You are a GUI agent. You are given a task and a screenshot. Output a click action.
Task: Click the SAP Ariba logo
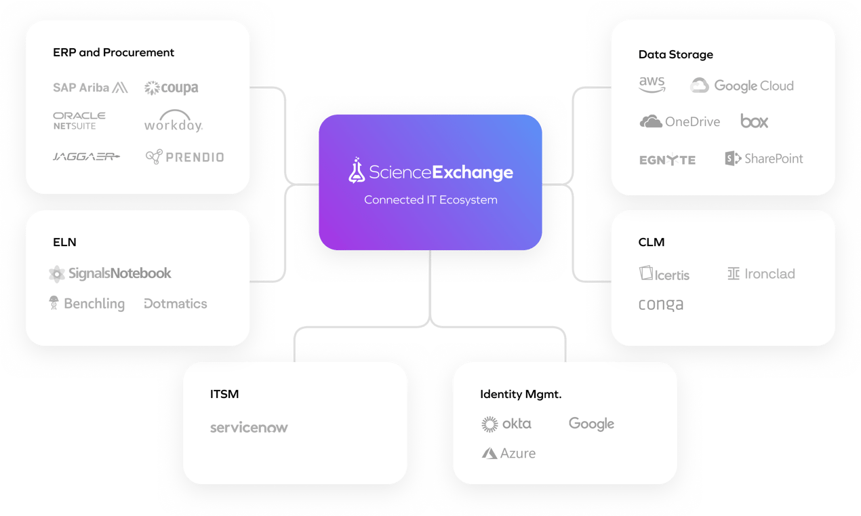tap(90, 87)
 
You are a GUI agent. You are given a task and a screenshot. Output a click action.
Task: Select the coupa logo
tap(171, 88)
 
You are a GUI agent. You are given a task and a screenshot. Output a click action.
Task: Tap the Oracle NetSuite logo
tap(79, 121)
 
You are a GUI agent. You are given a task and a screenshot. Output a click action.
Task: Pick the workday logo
tap(174, 121)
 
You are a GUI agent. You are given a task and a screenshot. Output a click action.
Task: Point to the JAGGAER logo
tap(86, 157)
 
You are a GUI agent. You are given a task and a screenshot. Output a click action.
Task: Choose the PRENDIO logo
tap(184, 157)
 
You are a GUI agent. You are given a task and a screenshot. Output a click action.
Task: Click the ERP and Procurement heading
tap(113, 52)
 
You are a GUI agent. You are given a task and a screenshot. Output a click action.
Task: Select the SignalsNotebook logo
tap(110, 273)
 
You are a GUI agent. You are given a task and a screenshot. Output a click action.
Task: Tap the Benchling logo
tap(87, 303)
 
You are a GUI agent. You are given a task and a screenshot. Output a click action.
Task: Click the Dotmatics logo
tap(176, 304)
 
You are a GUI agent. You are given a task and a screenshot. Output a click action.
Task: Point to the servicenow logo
tap(249, 428)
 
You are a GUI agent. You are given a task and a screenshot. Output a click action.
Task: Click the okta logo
tap(506, 424)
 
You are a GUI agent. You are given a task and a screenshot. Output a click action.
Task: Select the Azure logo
tap(508, 453)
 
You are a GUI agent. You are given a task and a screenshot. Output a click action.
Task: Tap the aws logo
tap(652, 85)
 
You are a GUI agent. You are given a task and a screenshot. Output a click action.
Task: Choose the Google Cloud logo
tap(742, 85)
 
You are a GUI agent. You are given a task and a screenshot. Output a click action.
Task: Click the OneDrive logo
tap(679, 122)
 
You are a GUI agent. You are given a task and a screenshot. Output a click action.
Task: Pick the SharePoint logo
tap(764, 159)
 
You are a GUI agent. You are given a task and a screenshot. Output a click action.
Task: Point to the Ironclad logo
tap(761, 274)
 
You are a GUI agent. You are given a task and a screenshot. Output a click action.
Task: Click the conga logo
tap(661, 304)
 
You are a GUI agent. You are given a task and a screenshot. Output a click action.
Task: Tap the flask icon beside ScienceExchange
tap(357, 172)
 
